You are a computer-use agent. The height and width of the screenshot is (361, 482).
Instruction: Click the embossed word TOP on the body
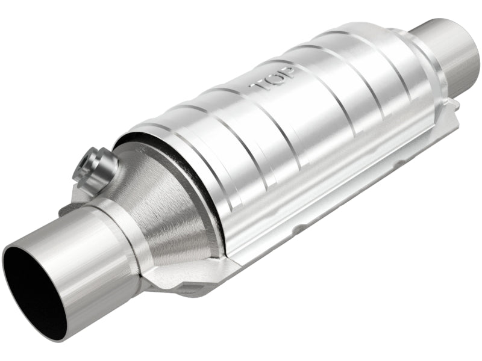pos(272,78)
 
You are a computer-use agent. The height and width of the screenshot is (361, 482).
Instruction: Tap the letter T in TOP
pos(258,84)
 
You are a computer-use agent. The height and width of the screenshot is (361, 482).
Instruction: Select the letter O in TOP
pos(273,77)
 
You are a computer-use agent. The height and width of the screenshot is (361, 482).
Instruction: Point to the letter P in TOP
pos(286,70)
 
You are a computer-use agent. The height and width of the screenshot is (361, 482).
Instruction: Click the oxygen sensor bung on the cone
pos(95,167)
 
